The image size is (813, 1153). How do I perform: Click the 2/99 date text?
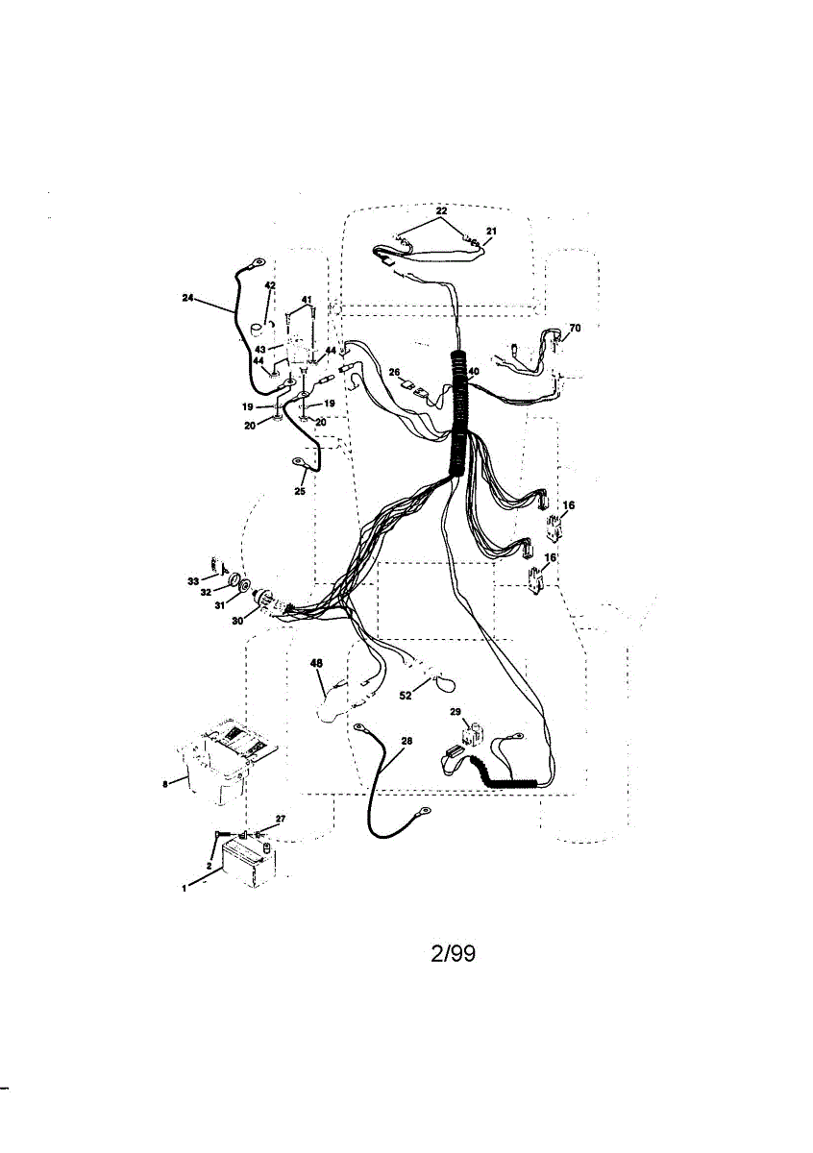click(x=452, y=954)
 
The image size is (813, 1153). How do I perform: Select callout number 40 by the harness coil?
click(x=473, y=372)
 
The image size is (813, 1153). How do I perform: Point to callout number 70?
click(x=575, y=329)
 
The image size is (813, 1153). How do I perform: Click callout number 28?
click(x=406, y=742)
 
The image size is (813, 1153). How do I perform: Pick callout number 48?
click(x=316, y=663)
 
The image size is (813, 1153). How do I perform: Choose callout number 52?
click(x=406, y=695)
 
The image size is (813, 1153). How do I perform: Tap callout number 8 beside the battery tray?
click(x=166, y=784)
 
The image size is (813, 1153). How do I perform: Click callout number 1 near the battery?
click(x=185, y=890)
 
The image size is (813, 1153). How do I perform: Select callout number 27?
click(x=280, y=819)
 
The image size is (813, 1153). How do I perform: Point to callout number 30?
click(x=236, y=621)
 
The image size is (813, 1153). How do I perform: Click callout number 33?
click(x=192, y=581)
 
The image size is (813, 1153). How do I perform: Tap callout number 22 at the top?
click(x=441, y=210)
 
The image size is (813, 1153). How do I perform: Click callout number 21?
click(x=491, y=232)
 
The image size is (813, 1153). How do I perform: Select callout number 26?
click(x=394, y=372)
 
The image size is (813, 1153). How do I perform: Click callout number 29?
click(x=456, y=711)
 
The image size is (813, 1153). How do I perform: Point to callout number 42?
click(x=270, y=286)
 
